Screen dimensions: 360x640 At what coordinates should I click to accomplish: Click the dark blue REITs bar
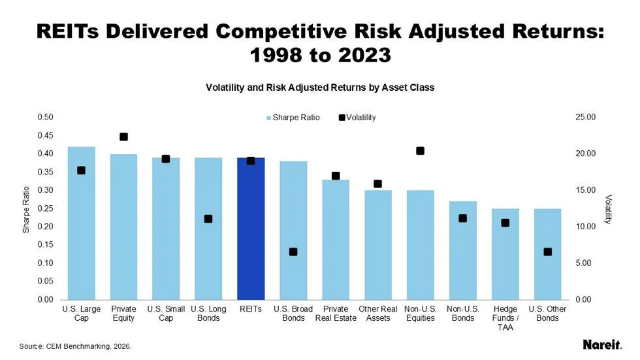coord(251,229)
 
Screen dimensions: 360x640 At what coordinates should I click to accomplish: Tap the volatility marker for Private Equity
coord(123,137)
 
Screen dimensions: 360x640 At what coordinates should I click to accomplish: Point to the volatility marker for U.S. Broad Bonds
coord(293,252)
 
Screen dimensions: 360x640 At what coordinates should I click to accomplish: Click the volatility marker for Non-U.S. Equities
coord(420,151)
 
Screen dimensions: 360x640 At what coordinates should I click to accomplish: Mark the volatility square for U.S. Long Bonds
coord(208,219)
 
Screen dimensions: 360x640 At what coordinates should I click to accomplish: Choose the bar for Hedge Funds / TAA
coord(505,254)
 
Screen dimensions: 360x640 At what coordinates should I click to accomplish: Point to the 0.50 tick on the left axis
coord(44,117)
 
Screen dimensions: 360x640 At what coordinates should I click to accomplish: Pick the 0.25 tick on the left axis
coord(44,208)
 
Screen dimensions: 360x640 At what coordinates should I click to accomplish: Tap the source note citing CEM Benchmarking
coord(76,346)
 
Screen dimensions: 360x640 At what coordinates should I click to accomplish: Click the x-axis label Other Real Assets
coord(377,313)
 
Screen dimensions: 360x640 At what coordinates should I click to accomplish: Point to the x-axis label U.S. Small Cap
coord(166,313)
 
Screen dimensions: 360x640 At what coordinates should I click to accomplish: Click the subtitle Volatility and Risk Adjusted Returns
coord(320,87)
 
